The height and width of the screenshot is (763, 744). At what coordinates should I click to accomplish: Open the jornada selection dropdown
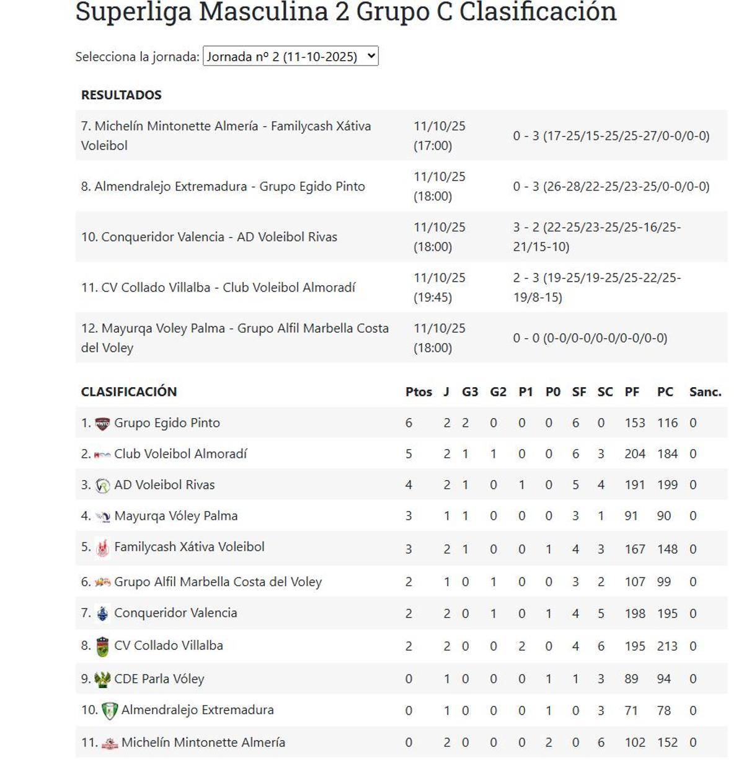pyautogui.click(x=290, y=56)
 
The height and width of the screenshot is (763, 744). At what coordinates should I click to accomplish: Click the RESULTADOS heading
pyautogui.click(x=121, y=95)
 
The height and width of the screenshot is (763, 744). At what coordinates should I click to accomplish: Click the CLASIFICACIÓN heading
pyautogui.click(x=128, y=391)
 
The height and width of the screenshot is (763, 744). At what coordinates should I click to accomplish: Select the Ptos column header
pyautogui.click(x=418, y=391)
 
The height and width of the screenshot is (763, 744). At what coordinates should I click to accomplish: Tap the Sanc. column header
pyautogui.click(x=705, y=391)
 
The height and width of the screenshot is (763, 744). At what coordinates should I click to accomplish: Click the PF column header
pyautogui.click(x=632, y=391)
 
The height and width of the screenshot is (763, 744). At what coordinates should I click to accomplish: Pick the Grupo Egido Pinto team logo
pyautogui.click(x=102, y=424)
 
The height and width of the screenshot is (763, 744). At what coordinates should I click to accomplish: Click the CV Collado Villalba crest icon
pyautogui.click(x=103, y=646)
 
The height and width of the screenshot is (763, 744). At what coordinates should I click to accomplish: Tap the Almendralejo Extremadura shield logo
pyautogui.click(x=110, y=711)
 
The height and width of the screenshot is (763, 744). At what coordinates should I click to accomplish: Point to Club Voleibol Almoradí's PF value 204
pyautogui.click(x=635, y=454)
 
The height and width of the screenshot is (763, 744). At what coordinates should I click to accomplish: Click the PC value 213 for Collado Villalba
pyautogui.click(x=667, y=646)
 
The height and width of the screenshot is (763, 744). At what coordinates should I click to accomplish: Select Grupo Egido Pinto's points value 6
pyautogui.click(x=409, y=423)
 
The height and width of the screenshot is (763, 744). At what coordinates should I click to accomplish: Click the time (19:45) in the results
pyautogui.click(x=433, y=297)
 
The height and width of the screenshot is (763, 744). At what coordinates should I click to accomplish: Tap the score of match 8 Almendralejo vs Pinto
pyautogui.click(x=611, y=186)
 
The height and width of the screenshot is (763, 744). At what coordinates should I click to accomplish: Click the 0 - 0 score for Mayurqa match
pyautogui.click(x=590, y=338)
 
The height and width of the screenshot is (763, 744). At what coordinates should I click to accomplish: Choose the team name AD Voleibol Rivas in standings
pyautogui.click(x=164, y=485)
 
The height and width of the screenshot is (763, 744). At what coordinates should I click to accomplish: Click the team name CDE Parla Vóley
pyautogui.click(x=159, y=679)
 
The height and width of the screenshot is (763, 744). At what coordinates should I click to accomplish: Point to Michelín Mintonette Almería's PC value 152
pyautogui.click(x=667, y=743)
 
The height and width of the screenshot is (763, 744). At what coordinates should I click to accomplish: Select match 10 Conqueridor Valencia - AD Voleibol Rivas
pyautogui.click(x=209, y=237)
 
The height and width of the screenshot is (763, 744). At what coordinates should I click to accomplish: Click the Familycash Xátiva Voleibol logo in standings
pyautogui.click(x=103, y=548)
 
